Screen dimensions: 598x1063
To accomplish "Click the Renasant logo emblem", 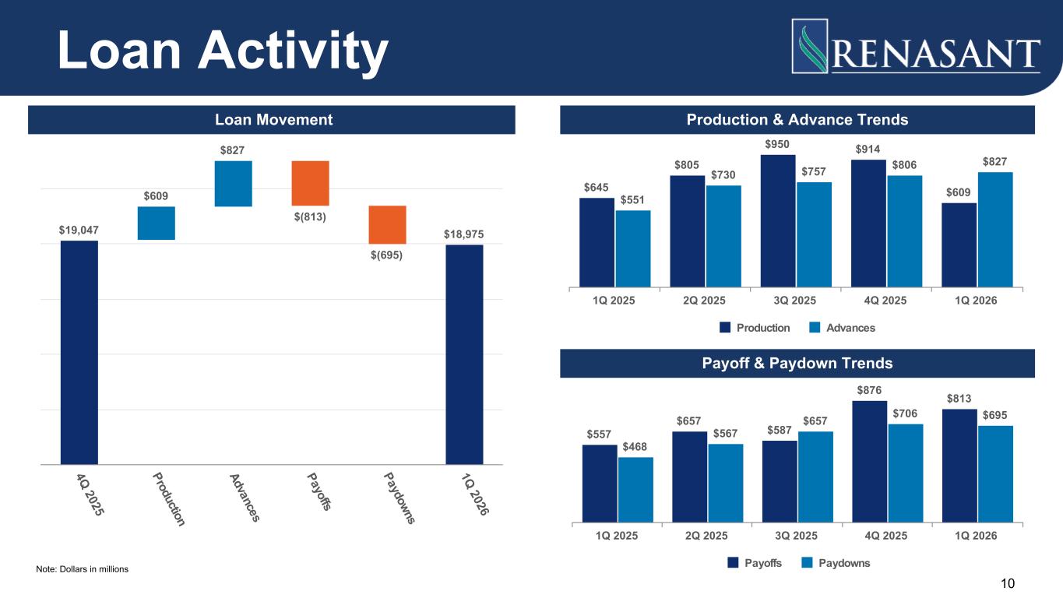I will click(809, 45).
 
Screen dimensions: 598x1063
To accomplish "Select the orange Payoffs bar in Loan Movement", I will click(311, 183).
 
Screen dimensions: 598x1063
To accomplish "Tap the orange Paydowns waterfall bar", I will click(387, 225).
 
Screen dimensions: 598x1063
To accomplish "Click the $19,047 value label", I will click(79, 230).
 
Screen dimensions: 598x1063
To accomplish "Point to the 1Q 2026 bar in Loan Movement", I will click(464, 354).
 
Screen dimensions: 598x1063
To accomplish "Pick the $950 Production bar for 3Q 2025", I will click(778, 220).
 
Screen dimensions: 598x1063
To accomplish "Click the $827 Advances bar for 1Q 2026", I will click(994, 229).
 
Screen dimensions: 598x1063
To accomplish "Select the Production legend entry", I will click(755, 328).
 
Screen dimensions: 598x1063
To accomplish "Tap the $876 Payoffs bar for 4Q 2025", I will click(869, 461).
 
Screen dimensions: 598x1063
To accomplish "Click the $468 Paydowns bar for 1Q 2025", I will click(635, 489).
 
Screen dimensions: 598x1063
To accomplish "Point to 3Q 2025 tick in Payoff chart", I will click(796, 536).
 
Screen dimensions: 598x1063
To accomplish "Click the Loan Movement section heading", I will click(273, 120).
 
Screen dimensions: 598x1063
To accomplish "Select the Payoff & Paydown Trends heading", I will click(797, 364).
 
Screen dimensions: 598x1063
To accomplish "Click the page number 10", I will click(1008, 583).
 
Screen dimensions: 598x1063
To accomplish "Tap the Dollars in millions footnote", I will click(83, 570).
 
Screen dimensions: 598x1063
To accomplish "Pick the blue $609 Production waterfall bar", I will click(157, 223).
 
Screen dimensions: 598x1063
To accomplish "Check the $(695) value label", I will click(386, 255).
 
